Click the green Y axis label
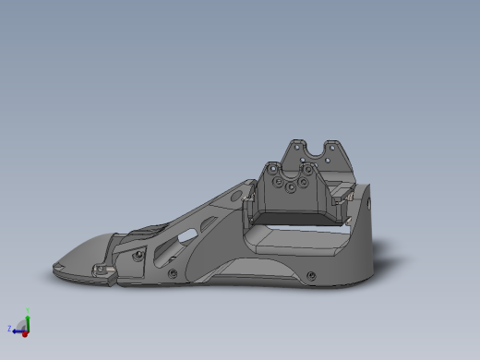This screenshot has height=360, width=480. [x=28, y=309]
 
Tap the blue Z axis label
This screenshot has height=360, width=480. [x=9, y=328]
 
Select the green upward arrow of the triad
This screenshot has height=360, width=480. [x=28, y=318]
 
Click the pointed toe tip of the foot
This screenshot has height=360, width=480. [x=50, y=270]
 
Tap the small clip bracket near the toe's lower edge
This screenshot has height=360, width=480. [x=103, y=271]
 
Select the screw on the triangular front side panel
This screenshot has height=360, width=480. [x=137, y=253]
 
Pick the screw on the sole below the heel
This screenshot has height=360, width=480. [x=312, y=275]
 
